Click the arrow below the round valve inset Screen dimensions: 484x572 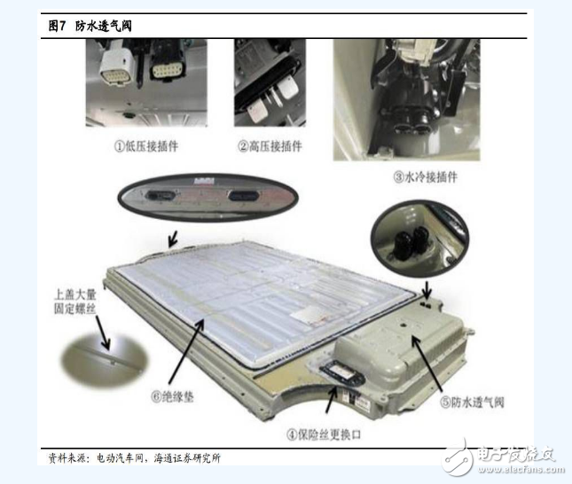(x=427, y=290)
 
